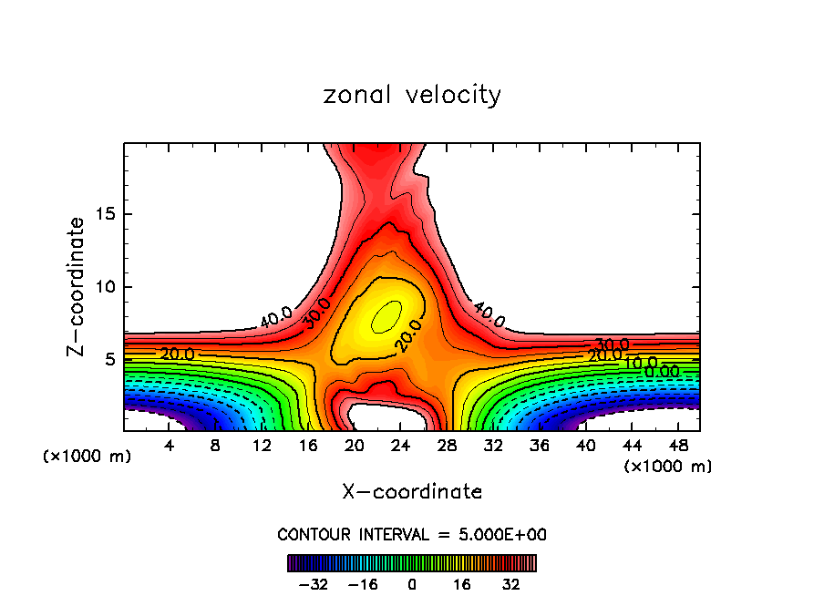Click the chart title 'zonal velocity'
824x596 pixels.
(412, 95)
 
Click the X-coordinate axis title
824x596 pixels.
(412, 492)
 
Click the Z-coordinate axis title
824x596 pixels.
(77, 286)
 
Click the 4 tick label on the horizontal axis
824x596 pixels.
(169, 446)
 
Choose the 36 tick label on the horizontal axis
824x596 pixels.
(541, 446)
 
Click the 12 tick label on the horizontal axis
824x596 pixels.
(262, 446)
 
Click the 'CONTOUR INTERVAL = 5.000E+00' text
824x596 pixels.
(412, 534)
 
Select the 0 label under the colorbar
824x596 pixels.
(412, 584)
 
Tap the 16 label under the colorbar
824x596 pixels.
(461, 584)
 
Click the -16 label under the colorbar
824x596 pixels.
(363, 584)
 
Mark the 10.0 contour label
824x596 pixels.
(640, 363)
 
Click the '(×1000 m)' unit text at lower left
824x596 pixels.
(88, 457)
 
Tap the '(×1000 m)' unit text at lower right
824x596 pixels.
(668, 467)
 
